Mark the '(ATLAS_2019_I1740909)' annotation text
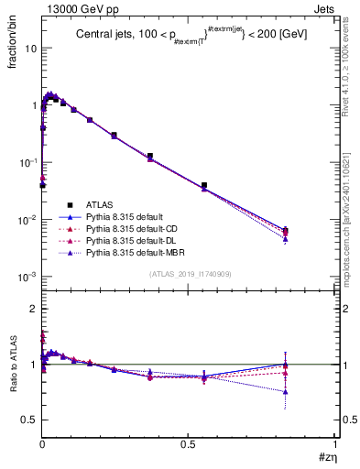click(x=188, y=274)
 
